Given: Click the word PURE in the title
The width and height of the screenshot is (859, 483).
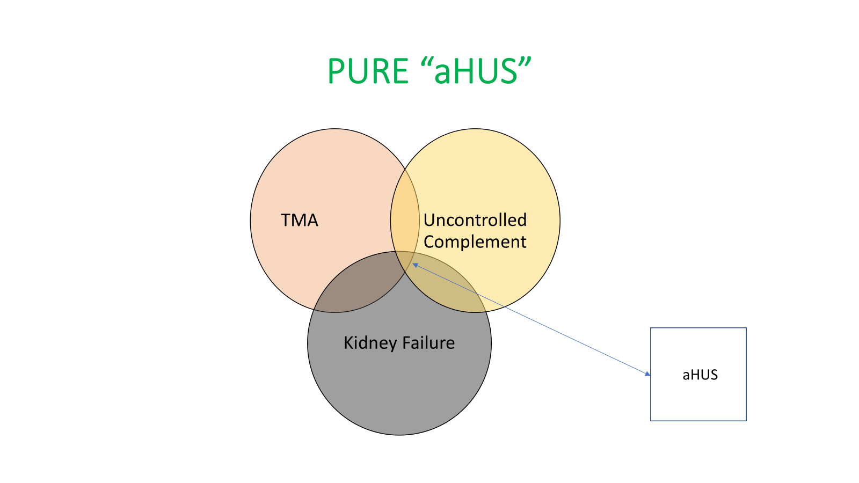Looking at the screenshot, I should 368,71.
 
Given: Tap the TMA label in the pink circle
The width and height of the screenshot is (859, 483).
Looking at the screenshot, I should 300,220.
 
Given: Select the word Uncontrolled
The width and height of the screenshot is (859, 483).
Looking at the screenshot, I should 475,220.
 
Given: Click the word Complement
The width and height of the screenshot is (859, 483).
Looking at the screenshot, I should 475,242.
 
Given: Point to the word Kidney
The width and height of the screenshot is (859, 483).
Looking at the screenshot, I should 370,343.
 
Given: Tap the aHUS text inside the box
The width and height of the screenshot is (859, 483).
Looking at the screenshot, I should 700,375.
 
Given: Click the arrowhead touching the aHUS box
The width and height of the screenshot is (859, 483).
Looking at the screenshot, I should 647,373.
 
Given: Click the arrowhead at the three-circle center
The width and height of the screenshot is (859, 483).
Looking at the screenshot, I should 414,265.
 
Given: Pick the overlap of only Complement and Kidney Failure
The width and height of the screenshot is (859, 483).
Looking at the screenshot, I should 451,290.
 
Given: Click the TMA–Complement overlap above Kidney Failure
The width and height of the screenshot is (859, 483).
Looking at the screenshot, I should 405,220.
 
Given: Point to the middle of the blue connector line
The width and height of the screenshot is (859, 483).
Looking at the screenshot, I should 531,319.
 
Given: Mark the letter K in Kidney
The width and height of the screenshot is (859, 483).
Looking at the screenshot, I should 348,342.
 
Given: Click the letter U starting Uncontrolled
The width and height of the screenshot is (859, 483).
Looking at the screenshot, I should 429,220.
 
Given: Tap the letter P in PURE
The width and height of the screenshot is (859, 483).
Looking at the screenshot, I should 337,71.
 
